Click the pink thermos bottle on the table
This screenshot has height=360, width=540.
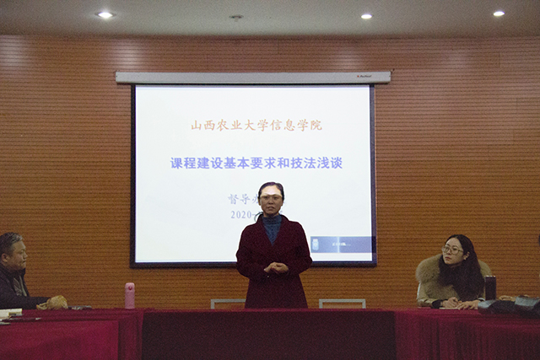pyautogui.click(x=130, y=295)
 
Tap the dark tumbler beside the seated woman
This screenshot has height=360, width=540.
pyautogui.click(x=490, y=287)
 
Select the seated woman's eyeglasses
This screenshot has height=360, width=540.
pyautogui.click(x=452, y=250)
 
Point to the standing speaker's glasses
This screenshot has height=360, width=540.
pyautogui.click(x=271, y=197)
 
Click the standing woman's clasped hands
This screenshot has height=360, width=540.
pyautogui.click(x=275, y=269)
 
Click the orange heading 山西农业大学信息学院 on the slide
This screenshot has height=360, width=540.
pyautogui.click(x=256, y=126)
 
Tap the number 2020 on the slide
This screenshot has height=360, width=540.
pyautogui.click(x=241, y=214)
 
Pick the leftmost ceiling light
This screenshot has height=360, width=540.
pyautogui.click(x=105, y=14)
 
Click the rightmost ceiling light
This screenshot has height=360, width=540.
pyautogui.click(x=498, y=13)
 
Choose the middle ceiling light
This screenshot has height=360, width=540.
pyautogui.click(x=365, y=16)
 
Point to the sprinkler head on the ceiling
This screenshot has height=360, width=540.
pyautogui.click(x=236, y=17)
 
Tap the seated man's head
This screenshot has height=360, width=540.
pyautogui.click(x=13, y=250)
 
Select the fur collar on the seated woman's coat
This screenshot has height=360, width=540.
pyautogui.click(x=431, y=271)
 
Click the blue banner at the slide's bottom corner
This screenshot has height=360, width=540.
pyautogui.click(x=342, y=244)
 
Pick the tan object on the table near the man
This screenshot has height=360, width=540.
pyautogui.click(x=57, y=301)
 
